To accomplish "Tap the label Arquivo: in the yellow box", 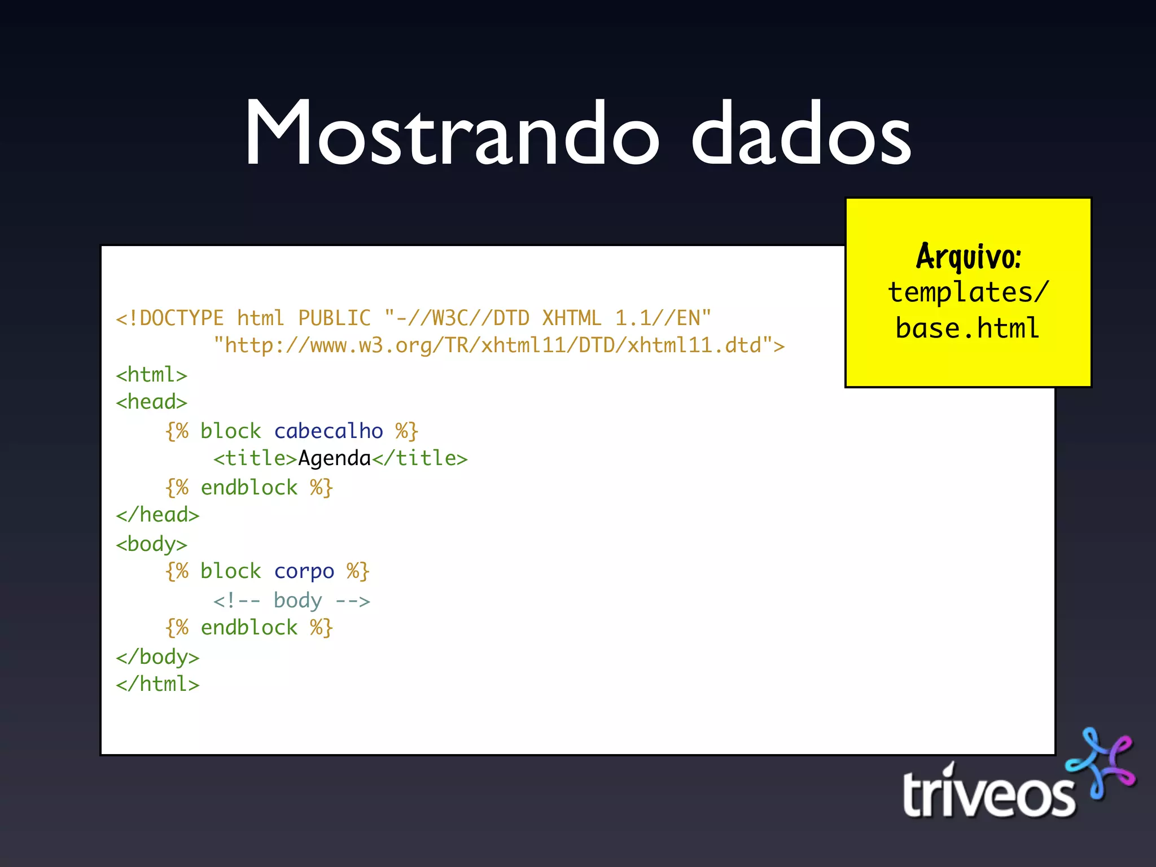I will coord(969,257).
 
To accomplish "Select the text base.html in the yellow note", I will coord(967,329).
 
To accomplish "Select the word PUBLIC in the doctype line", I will coord(334,318).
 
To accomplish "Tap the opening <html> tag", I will coord(151,375).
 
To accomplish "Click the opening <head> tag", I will coord(151,402).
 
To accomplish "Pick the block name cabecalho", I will coord(329,431).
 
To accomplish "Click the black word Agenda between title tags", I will coord(334,458).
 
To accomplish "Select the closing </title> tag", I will coord(420,458).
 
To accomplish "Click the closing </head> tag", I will coord(157,515).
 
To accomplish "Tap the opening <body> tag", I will coord(151,544).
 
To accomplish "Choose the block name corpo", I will coord(304,571).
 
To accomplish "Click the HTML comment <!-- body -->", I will coord(292,601).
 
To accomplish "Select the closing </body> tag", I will coord(157,657).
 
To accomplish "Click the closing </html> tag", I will coord(157,684).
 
